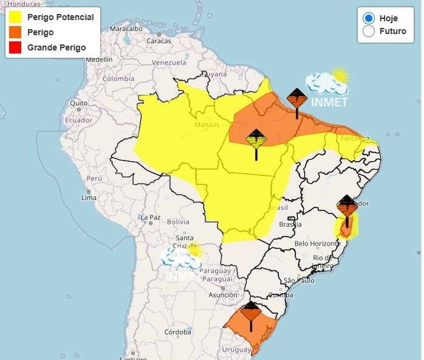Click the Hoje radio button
368,18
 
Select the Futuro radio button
368,31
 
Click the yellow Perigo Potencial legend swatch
15,18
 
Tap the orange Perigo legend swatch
15,32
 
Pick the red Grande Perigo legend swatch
15,47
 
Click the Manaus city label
206,125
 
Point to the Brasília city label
290,224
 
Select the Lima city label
89,198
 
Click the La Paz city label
149,217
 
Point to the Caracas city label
159,41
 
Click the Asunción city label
222,295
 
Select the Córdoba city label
177,332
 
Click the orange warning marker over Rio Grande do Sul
250,314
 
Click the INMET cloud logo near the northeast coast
328,88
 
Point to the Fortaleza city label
355,138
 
